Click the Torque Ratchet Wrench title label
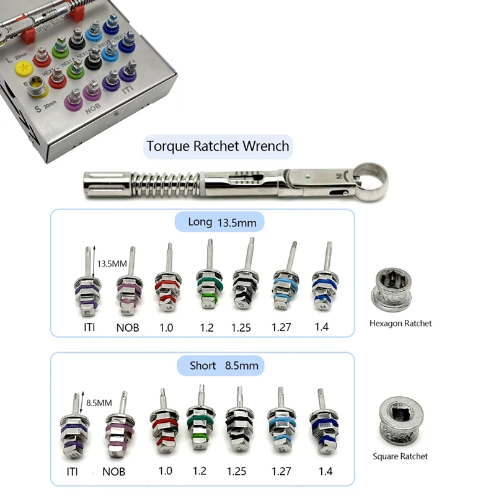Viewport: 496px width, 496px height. pos(218,146)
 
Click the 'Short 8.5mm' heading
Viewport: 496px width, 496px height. pos(218,366)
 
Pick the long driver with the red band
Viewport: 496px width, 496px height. pos(167,284)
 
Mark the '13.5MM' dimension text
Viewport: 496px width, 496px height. pos(112,263)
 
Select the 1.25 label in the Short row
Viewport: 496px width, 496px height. pos(237,471)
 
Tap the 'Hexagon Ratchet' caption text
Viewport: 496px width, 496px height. pos(401,323)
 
